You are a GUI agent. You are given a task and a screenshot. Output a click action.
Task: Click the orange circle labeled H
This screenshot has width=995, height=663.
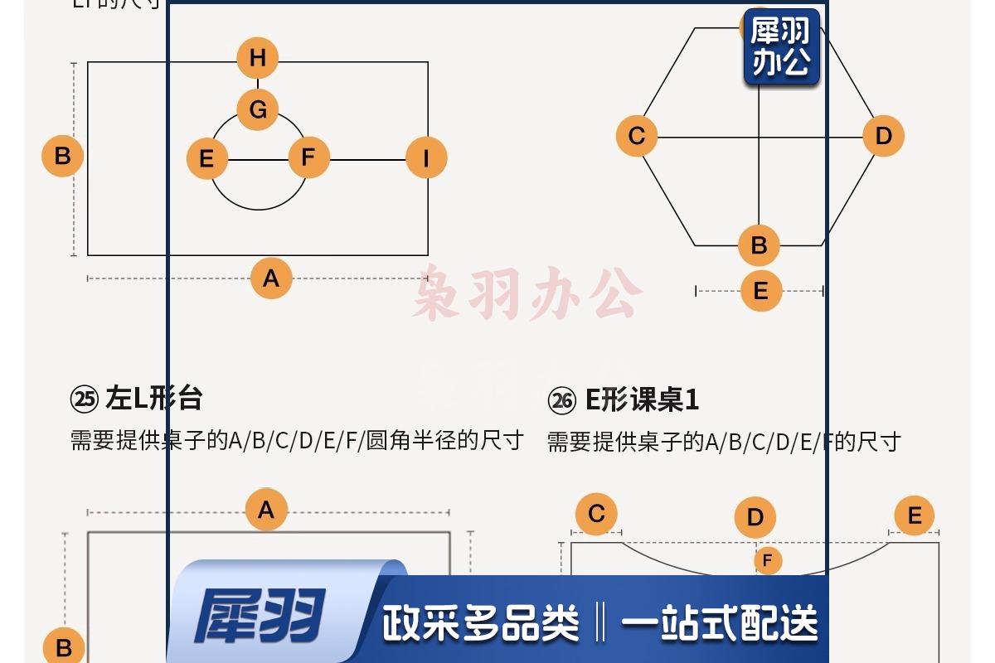coord(258,58)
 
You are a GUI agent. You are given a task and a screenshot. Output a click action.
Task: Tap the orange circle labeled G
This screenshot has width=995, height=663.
coord(258,109)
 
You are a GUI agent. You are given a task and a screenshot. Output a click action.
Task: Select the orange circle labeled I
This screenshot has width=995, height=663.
coord(426,157)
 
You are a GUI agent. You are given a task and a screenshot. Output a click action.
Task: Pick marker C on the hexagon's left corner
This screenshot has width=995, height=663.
coord(637,136)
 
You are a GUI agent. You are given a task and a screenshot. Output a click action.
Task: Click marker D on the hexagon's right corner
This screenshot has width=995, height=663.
coord(883,136)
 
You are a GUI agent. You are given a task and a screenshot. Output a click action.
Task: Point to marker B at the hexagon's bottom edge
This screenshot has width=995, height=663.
coord(760,245)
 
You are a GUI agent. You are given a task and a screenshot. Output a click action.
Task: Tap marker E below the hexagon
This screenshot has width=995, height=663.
coord(760,291)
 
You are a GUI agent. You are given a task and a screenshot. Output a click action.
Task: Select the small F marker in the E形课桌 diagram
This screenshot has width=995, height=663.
coord(767,561)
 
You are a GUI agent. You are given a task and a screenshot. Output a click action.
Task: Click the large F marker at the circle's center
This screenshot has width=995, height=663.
coord(308,157)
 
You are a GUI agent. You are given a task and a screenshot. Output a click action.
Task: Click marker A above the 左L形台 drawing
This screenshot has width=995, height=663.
coord(266,510)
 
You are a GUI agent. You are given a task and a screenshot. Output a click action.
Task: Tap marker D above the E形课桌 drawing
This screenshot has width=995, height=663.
coord(755,518)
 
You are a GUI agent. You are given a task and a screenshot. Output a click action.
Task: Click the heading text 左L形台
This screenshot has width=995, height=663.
coord(154,399)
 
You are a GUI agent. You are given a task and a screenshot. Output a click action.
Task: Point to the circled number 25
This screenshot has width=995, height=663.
coord(85,400)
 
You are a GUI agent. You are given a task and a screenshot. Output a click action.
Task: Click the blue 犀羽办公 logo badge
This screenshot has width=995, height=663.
coord(781,47)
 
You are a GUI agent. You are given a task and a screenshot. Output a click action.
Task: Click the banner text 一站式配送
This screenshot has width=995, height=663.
coord(719,623)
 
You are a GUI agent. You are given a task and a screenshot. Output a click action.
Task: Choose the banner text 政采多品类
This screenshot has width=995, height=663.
coord(480,623)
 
